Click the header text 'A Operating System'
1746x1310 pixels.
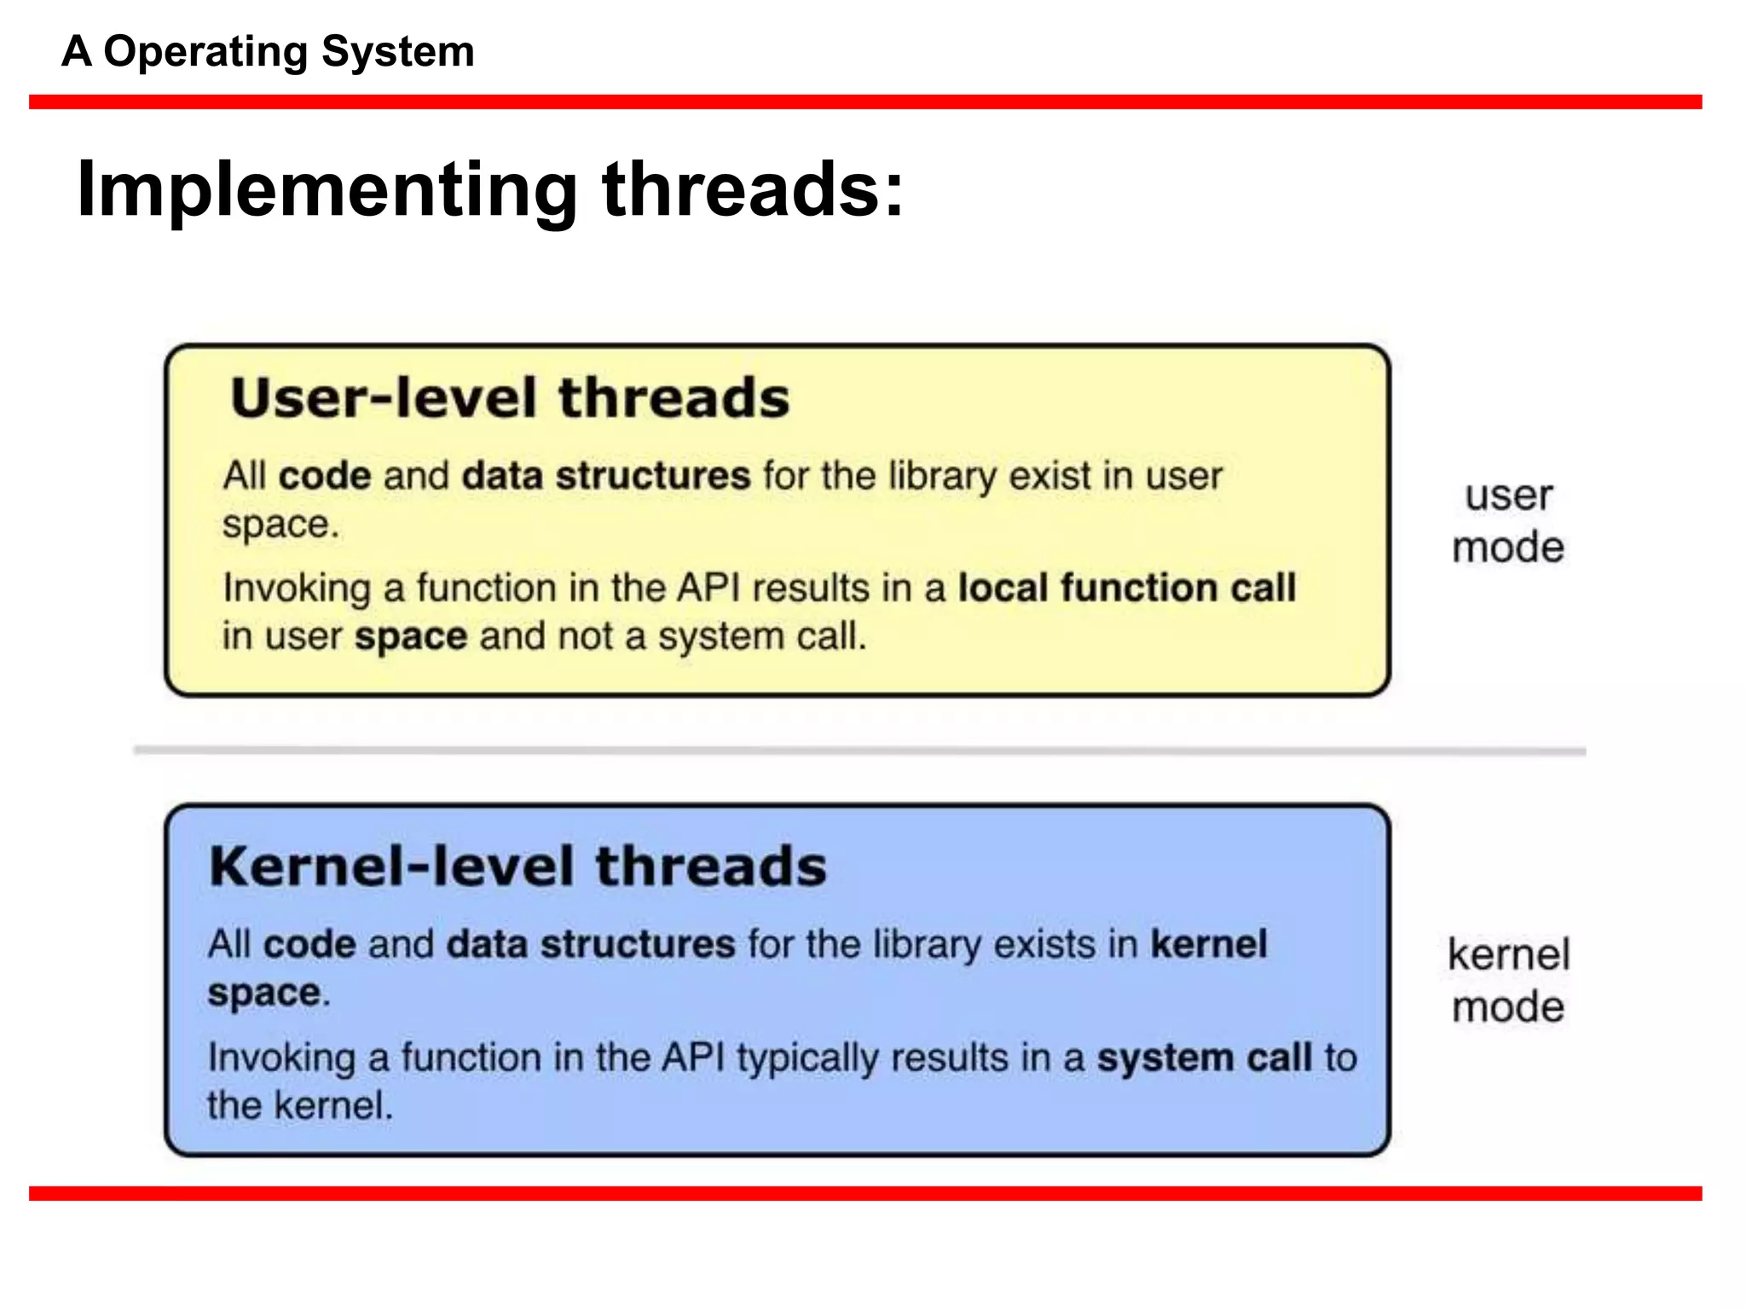tap(268, 51)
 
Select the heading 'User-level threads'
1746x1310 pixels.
tap(510, 398)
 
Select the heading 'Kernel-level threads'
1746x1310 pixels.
tap(517, 867)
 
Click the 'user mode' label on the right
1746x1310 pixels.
tap(1507, 521)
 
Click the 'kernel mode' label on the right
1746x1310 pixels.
tap(1507, 980)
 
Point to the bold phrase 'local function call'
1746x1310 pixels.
tap(1126, 588)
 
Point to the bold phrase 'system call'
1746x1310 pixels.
tap(1204, 1058)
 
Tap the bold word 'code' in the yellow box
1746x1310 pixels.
tap(325, 476)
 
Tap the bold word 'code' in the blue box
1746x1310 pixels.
tap(309, 944)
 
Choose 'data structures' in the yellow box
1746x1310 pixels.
tap(605, 476)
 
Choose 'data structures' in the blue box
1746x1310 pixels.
tap(590, 944)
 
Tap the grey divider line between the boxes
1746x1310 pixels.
tap(859, 751)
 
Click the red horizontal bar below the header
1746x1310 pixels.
tap(864, 102)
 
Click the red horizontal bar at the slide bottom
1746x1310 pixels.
tap(864, 1193)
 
